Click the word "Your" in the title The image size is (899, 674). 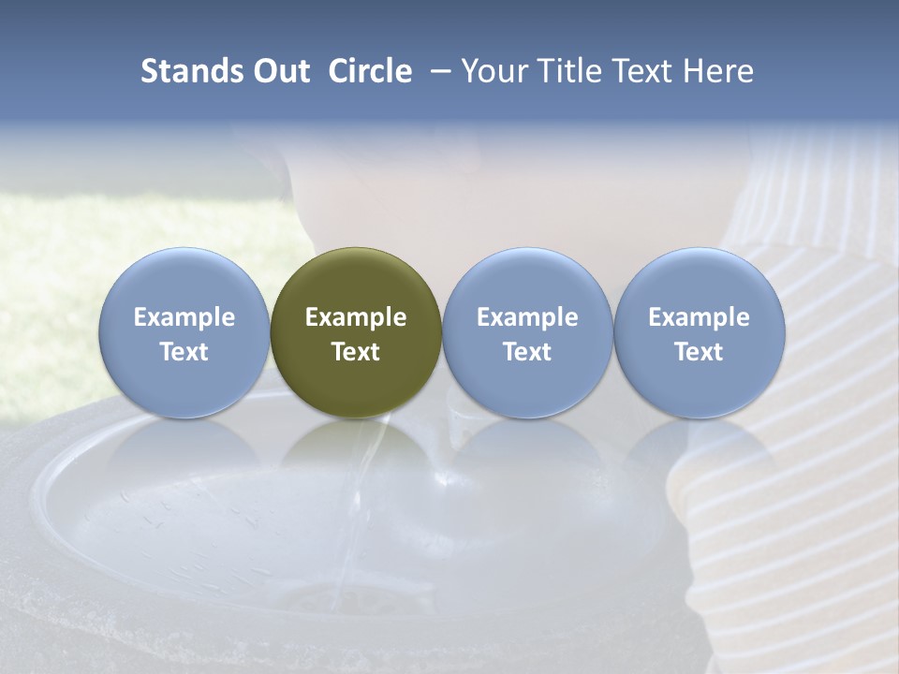pyautogui.click(x=493, y=71)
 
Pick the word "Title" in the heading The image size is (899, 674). pyautogui.click(x=566, y=71)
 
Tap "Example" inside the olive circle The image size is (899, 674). pyautogui.click(x=356, y=317)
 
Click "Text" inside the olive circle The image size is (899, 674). pyautogui.click(x=356, y=352)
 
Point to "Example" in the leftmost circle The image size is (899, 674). pyautogui.click(x=184, y=317)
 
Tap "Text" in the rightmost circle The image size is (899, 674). pyautogui.click(x=700, y=352)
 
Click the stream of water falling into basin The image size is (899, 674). pyautogui.click(x=361, y=505)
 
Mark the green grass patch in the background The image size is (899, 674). pyautogui.click(x=56, y=281)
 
